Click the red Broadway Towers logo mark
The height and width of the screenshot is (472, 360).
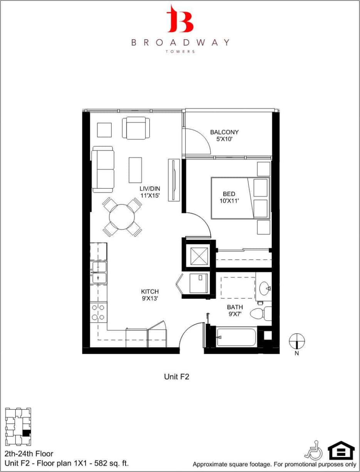coord(179,19)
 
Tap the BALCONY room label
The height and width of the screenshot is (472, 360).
coord(224,132)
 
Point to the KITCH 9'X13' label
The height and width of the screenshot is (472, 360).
coord(149,295)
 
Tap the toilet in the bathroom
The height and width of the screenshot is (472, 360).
coord(260,313)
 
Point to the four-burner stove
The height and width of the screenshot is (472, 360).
coord(98,312)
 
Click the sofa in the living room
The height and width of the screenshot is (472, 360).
coord(103,169)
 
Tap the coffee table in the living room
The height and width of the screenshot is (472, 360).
coord(135,170)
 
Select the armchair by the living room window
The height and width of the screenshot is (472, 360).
coord(136,128)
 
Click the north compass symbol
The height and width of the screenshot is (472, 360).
coord(297,340)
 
